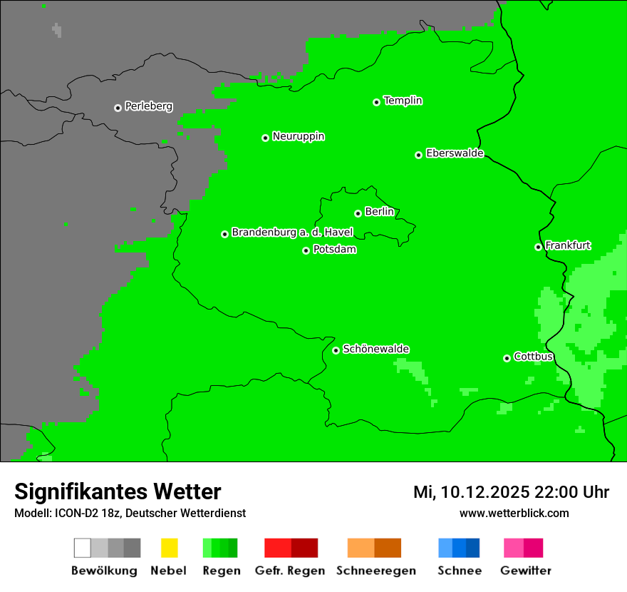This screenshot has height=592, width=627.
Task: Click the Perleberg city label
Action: coord(148,106)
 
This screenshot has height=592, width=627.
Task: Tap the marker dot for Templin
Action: coord(376,102)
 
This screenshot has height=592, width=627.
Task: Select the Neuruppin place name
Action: coord(298,136)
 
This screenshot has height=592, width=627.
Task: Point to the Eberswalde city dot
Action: coord(419,155)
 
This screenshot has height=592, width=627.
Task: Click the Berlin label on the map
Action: coord(379,212)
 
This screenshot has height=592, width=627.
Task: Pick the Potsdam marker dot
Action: coord(306,250)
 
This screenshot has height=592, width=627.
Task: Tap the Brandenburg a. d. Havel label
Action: coord(292,233)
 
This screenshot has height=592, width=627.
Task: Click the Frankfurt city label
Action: coord(568,245)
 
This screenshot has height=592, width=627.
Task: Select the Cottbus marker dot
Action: coord(507,358)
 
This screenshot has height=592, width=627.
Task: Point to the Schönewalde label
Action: coord(375,349)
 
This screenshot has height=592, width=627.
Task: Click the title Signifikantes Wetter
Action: coord(118,491)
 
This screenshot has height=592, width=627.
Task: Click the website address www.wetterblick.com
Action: coord(514,513)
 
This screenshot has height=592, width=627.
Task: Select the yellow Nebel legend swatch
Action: coord(169,548)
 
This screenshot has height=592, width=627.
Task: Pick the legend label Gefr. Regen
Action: coord(290,571)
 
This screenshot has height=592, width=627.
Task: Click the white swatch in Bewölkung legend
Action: coord(83,548)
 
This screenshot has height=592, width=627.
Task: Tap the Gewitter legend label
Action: coord(526,571)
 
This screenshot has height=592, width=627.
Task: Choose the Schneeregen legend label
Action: coord(376,571)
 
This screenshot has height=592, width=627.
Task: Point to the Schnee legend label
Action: coord(460,571)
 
